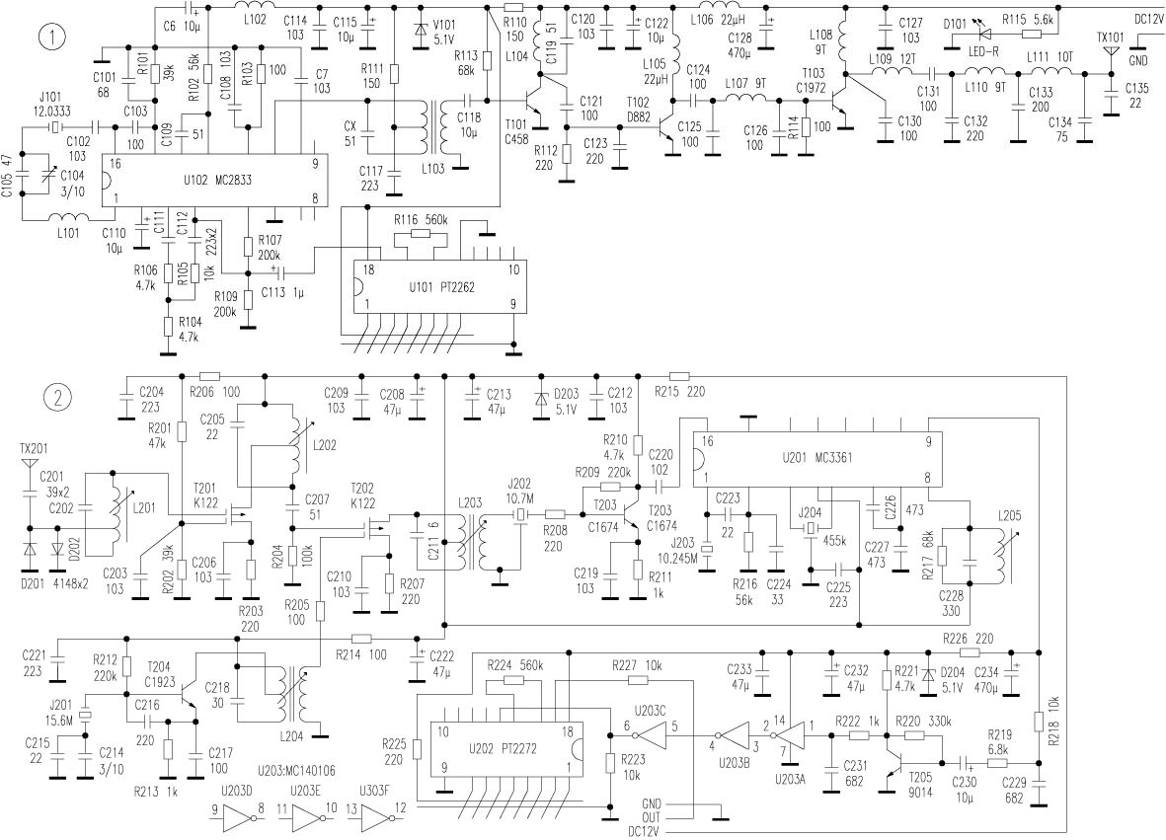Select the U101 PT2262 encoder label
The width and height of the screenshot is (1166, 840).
(x=441, y=287)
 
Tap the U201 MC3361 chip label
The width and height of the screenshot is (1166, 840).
(x=817, y=458)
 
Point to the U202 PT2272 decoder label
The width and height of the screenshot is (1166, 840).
(x=502, y=748)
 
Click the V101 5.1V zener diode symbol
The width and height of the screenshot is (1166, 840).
(x=421, y=31)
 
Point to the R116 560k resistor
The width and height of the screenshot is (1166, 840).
(x=421, y=233)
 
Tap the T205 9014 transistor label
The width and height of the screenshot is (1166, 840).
(x=920, y=785)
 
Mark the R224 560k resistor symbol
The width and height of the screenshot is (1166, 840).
(x=513, y=680)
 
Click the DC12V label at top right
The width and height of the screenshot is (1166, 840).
(x=1149, y=20)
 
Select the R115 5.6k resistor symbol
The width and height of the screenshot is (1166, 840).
(x=1032, y=34)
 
